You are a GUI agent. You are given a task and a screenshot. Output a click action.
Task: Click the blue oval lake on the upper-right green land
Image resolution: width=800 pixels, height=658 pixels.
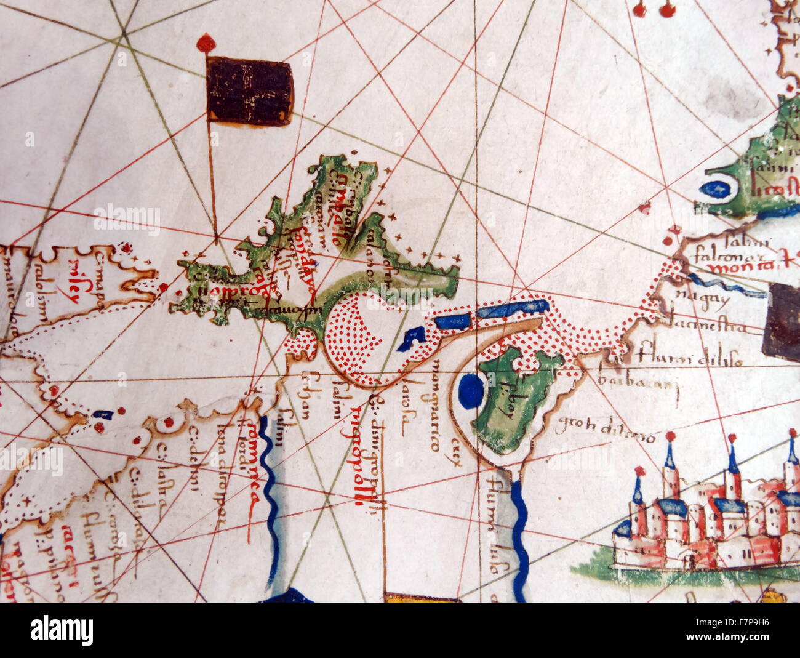(x=715, y=189)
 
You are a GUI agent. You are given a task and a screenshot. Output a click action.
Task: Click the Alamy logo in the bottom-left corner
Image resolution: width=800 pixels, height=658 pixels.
(x=62, y=630)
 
